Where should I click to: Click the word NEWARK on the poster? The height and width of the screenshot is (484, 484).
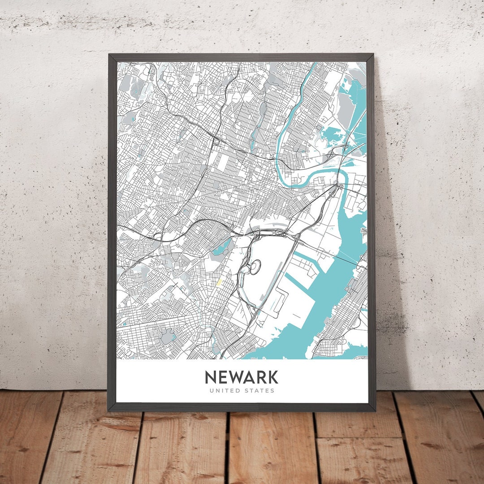coord(242,377)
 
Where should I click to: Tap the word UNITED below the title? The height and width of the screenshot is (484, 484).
coord(223,391)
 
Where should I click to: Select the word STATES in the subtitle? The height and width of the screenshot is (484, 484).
coord(259,391)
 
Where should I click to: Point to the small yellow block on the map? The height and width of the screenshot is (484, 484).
coord(219,283)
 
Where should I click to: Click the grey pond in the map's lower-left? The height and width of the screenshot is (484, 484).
coord(167,336)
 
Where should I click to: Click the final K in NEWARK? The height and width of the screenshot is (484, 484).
coord(272,377)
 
